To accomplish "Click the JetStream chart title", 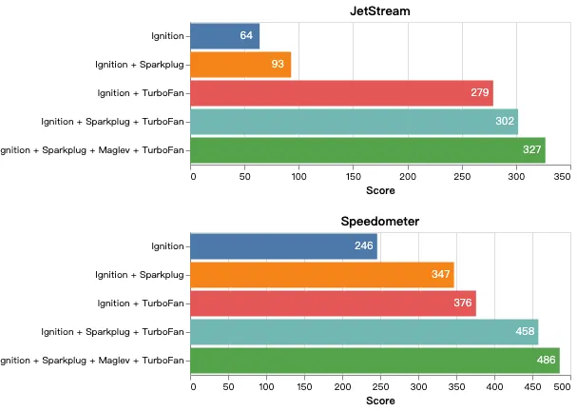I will pyautogui.click(x=380, y=11).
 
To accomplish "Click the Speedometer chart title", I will pyautogui.click(x=380, y=222).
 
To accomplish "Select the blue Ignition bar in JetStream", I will pyautogui.click(x=224, y=36).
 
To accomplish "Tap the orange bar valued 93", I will pyautogui.click(x=240, y=65).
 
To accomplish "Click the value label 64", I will pyautogui.click(x=246, y=36).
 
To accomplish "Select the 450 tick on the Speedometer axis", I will pyautogui.click(x=531, y=386).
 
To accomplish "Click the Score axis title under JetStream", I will pyautogui.click(x=380, y=190).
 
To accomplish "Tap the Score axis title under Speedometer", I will pyautogui.click(x=380, y=401).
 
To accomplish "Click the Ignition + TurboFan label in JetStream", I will pyautogui.click(x=141, y=93).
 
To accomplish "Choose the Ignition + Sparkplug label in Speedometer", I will pyautogui.click(x=140, y=275).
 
